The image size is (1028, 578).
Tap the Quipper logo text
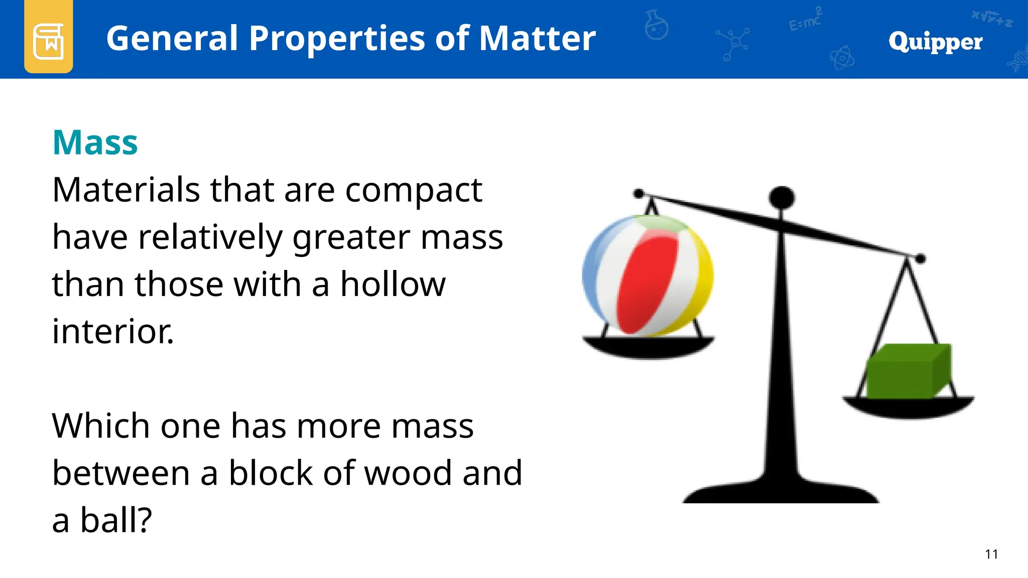coord(935,42)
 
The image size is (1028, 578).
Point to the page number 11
coord(991,554)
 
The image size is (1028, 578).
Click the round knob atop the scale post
coord(782,197)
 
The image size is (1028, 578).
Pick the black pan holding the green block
coord(909,406)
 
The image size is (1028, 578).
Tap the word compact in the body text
coord(414,191)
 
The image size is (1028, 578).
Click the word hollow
coord(393,284)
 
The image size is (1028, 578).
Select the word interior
coord(112,332)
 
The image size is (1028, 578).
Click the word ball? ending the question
coord(116,520)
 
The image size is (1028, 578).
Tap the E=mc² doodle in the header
coord(805,20)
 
